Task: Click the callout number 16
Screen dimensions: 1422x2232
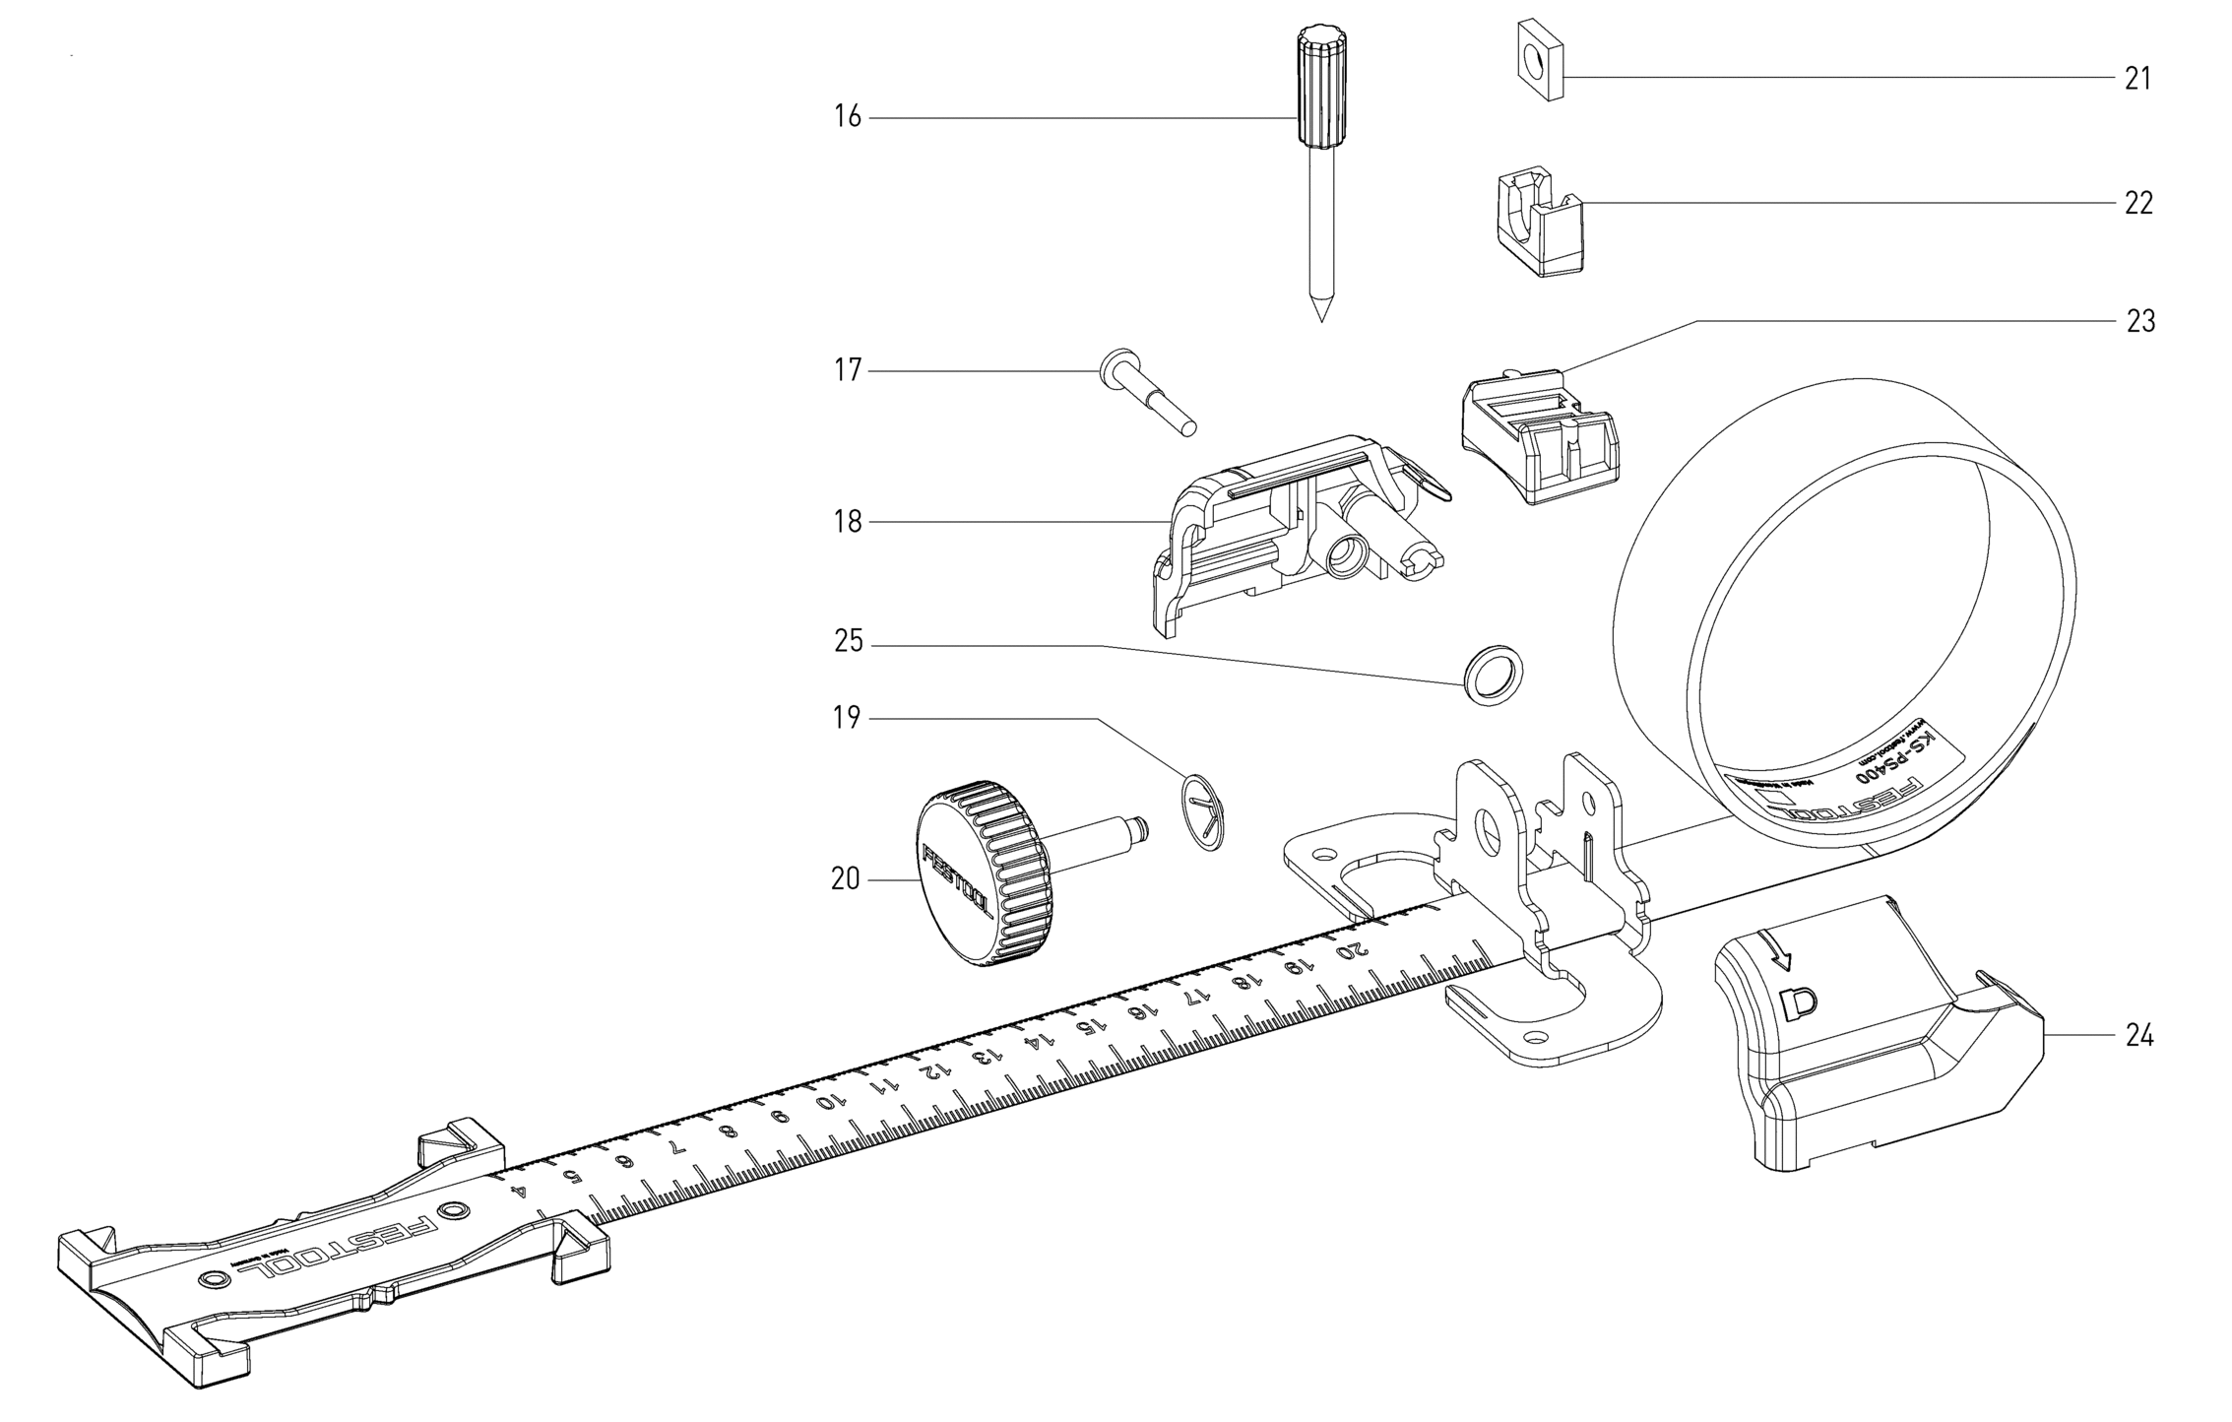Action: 848,117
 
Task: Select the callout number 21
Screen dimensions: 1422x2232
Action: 2137,78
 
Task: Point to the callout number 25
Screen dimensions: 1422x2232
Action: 848,642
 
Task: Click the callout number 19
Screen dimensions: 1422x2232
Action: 847,718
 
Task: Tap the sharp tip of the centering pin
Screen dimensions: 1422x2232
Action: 1320,313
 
